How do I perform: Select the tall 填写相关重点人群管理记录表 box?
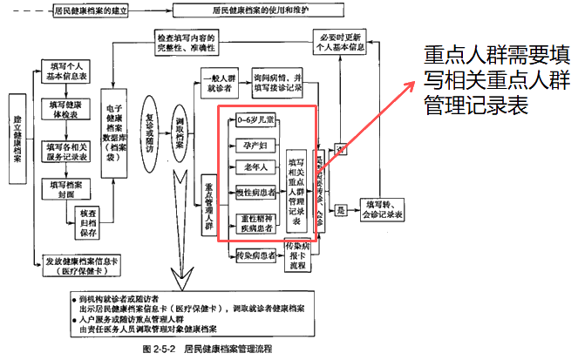[296, 194]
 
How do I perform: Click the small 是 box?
[343, 210]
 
